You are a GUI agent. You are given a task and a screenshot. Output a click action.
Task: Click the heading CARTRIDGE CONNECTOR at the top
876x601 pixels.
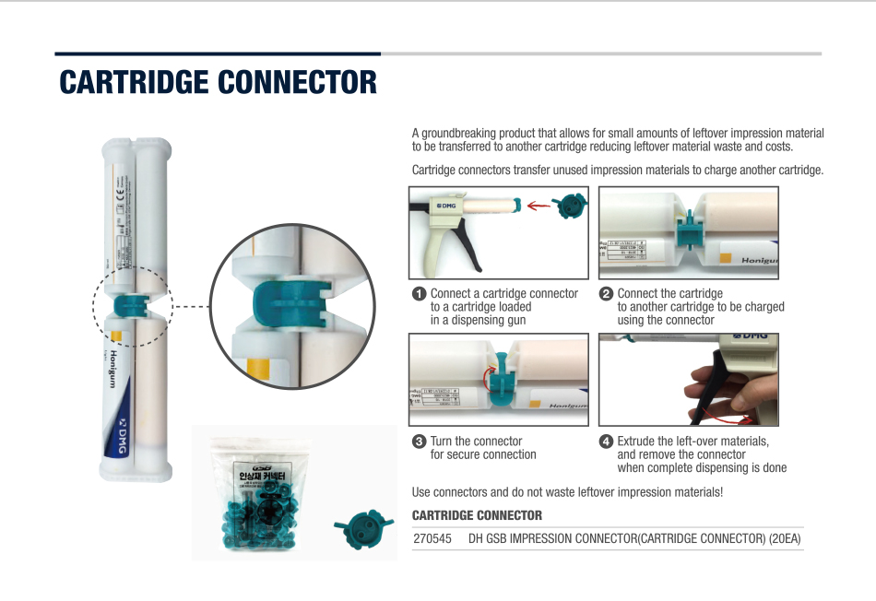click(x=218, y=82)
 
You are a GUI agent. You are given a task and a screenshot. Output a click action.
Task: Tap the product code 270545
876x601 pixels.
click(x=432, y=538)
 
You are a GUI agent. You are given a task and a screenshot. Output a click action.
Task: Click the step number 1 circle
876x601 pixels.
click(x=419, y=294)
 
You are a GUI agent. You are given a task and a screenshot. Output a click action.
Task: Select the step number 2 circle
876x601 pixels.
click(x=606, y=294)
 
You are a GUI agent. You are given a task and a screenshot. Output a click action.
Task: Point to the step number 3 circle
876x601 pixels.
click(x=419, y=442)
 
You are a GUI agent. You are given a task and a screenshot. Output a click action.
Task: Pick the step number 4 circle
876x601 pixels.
click(x=606, y=442)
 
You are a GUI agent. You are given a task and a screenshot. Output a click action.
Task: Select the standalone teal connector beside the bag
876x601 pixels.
click(x=357, y=530)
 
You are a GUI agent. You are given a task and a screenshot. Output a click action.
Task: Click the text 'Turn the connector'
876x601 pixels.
click(x=476, y=442)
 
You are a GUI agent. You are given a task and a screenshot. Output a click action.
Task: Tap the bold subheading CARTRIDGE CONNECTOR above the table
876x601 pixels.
click(x=477, y=515)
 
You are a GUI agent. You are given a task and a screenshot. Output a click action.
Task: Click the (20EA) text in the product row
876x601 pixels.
click(x=786, y=538)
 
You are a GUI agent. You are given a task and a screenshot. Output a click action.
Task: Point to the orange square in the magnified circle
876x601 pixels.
click(x=257, y=371)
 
